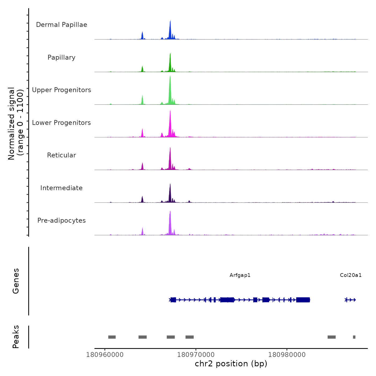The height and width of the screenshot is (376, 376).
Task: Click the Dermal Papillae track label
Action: (62, 25)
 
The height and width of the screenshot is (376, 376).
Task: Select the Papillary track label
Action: (62, 57)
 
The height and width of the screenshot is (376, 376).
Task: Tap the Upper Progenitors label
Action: (62, 90)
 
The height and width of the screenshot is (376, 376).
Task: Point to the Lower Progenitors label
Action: (62, 123)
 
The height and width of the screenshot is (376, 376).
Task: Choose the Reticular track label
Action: (62, 155)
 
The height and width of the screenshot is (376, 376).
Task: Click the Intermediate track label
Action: (62, 188)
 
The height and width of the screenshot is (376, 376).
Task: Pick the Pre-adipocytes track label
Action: (62, 220)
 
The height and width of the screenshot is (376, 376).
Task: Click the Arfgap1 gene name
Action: (240, 275)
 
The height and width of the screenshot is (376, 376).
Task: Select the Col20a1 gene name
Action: (351, 275)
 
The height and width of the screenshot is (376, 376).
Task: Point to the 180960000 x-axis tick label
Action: (105, 355)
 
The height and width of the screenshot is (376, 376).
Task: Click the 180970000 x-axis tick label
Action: (196, 355)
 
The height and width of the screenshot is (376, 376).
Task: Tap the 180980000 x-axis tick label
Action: (287, 355)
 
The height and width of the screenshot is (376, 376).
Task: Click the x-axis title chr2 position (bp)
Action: (231, 364)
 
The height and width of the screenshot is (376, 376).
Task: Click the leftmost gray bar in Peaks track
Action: (112, 337)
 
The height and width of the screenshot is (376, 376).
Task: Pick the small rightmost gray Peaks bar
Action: (354, 337)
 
